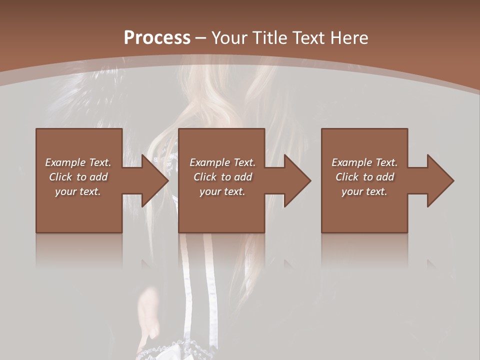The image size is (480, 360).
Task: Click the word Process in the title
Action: click(x=157, y=37)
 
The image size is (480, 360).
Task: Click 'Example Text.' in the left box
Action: click(x=78, y=162)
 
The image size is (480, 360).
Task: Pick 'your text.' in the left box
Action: click(x=78, y=191)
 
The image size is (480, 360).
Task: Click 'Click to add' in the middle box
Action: click(x=222, y=177)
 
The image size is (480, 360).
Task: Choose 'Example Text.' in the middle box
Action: click(x=222, y=162)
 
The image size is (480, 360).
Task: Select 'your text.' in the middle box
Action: click(x=222, y=191)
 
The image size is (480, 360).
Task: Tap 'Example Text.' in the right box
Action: click(x=364, y=162)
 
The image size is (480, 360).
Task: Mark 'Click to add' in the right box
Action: click(x=364, y=177)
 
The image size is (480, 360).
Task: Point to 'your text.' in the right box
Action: click(x=364, y=191)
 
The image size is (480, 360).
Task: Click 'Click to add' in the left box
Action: click(x=78, y=177)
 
